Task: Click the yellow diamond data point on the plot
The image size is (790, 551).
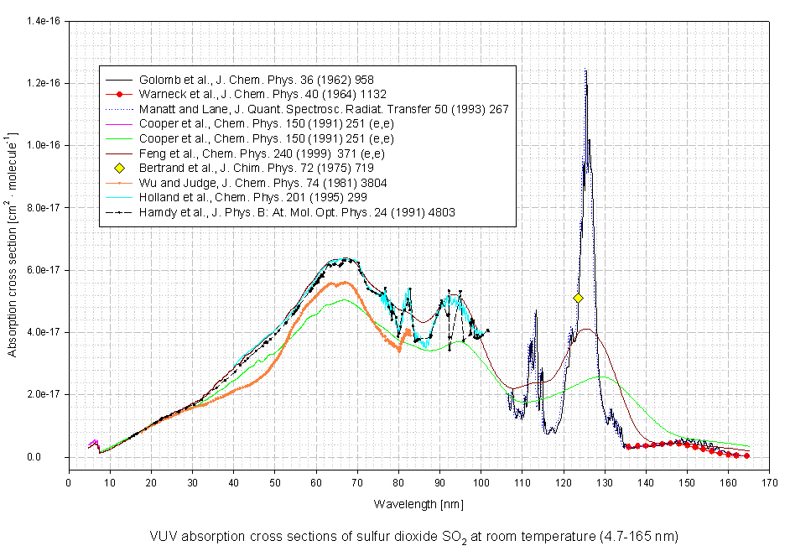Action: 578,298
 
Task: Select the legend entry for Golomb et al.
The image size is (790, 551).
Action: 252,79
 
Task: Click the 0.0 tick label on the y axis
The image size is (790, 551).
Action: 53,457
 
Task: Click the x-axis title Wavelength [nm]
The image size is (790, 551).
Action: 418,503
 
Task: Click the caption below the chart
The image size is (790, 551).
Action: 414,535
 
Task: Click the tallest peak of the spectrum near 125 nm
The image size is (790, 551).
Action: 585,71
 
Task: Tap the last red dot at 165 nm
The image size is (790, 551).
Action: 746,455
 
